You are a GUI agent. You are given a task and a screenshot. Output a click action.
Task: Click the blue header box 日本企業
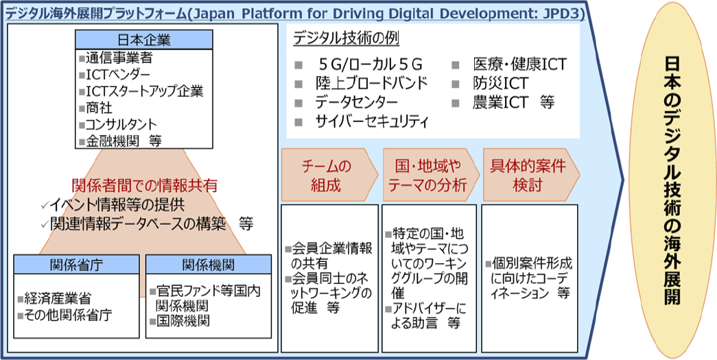[144, 39]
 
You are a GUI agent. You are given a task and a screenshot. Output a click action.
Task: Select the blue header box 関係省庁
[76, 264]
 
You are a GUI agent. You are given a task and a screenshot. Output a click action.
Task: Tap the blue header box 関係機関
[209, 264]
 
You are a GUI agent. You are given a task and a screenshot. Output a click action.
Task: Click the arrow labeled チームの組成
[330, 175]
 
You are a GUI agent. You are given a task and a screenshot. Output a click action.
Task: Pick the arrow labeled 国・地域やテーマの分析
[431, 175]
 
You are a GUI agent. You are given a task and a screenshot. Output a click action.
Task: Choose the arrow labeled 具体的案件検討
[531, 175]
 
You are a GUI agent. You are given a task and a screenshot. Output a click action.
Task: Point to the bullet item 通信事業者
[116, 58]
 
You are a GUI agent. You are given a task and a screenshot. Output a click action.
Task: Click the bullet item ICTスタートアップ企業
[141, 91]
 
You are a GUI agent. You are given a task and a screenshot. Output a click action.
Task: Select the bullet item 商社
[95, 108]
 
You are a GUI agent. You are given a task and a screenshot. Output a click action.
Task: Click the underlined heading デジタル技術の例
[346, 38]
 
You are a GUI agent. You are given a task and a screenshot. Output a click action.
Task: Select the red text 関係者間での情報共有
[144, 185]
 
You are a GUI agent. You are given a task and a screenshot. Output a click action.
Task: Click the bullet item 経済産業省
[54, 299]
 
